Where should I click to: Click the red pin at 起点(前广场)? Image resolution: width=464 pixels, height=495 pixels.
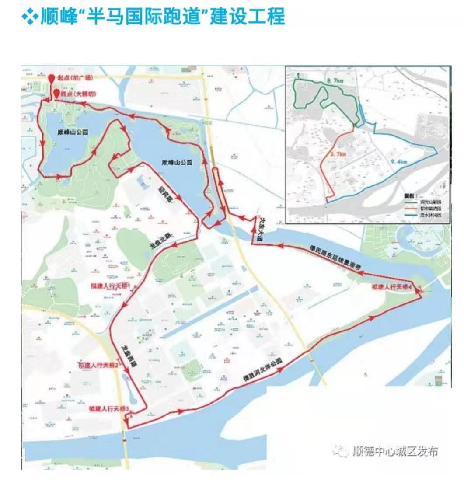[x=52, y=79]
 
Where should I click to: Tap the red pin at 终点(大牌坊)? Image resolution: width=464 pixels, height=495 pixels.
[x=57, y=93]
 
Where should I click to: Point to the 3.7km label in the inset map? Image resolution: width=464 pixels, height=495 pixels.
[x=338, y=154]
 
